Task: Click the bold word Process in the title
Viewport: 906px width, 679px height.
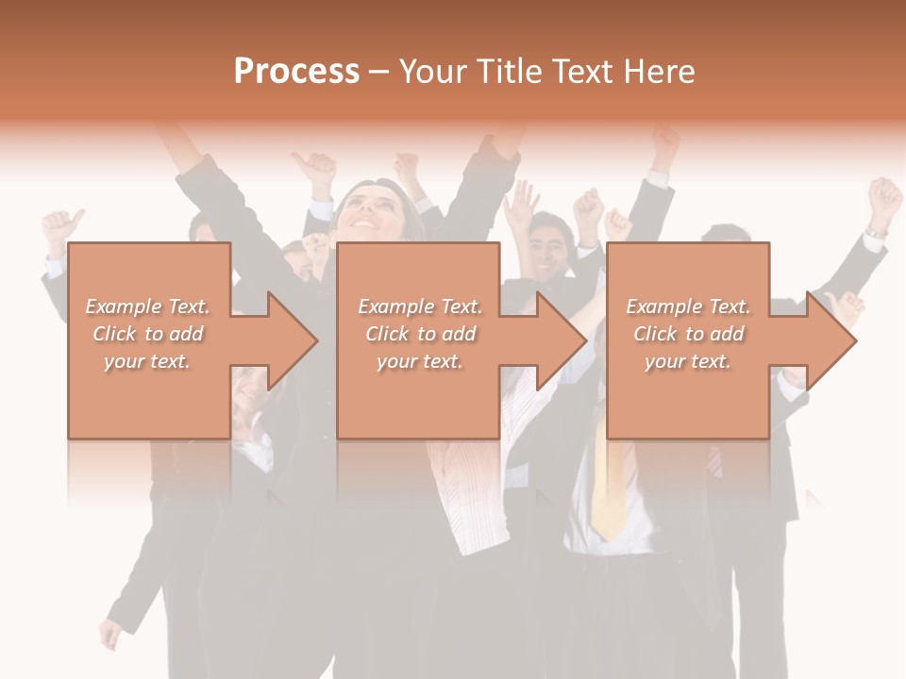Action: coord(296,72)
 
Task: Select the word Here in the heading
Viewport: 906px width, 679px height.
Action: coord(660,72)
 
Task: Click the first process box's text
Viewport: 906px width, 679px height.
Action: coord(148,334)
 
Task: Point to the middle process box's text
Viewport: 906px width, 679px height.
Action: coord(419,334)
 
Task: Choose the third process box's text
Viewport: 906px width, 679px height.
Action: coord(688,334)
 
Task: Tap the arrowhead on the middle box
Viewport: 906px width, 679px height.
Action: coord(561,340)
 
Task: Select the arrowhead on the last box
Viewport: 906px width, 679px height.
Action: coord(830,340)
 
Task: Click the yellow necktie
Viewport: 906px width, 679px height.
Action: coord(608,490)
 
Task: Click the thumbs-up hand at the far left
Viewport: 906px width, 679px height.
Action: coord(60,226)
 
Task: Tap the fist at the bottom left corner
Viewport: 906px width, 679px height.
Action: coord(111,634)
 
